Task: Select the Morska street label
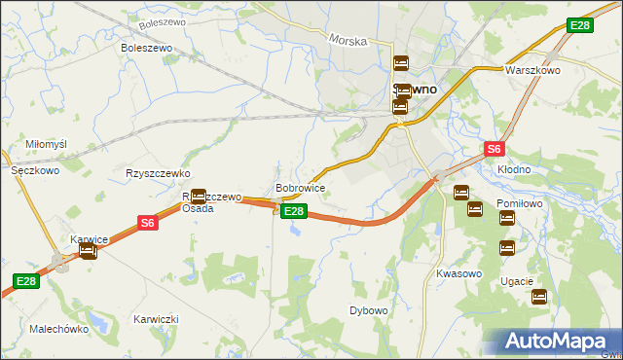(348, 41)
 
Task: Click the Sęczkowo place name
(35, 169)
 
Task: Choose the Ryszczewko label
(157, 173)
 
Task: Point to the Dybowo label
(369, 310)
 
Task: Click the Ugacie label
(517, 281)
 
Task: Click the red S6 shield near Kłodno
(495, 149)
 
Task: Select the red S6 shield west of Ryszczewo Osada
(147, 223)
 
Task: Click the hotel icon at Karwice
(88, 251)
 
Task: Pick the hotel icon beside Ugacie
(539, 297)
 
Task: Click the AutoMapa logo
(555, 341)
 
